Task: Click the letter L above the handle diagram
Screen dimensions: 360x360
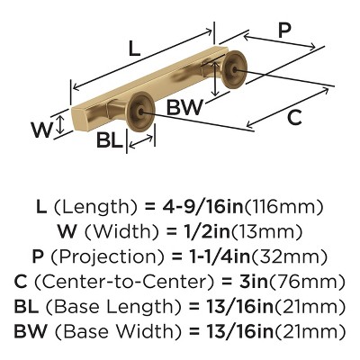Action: coord(134,49)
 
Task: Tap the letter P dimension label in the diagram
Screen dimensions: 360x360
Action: coord(284,31)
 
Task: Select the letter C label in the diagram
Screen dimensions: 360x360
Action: coord(294,117)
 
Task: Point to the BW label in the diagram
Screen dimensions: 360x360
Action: coord(184,107)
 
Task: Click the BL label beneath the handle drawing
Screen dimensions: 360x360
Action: coord(110,139)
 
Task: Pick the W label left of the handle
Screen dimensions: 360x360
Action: coord(42,130)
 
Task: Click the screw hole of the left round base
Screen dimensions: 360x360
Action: coord(141,112)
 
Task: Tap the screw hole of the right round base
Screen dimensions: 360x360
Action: coord(234,69)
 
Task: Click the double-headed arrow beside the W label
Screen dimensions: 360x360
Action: coord(60,125)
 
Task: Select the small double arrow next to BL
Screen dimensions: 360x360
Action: coord(141,141)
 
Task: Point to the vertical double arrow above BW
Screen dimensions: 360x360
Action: coord(214,77)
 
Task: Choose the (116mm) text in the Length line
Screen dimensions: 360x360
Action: coord(284,207)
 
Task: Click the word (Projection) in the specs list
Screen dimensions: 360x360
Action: coord(108,257)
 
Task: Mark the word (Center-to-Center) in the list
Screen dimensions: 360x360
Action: coord(125,283)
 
